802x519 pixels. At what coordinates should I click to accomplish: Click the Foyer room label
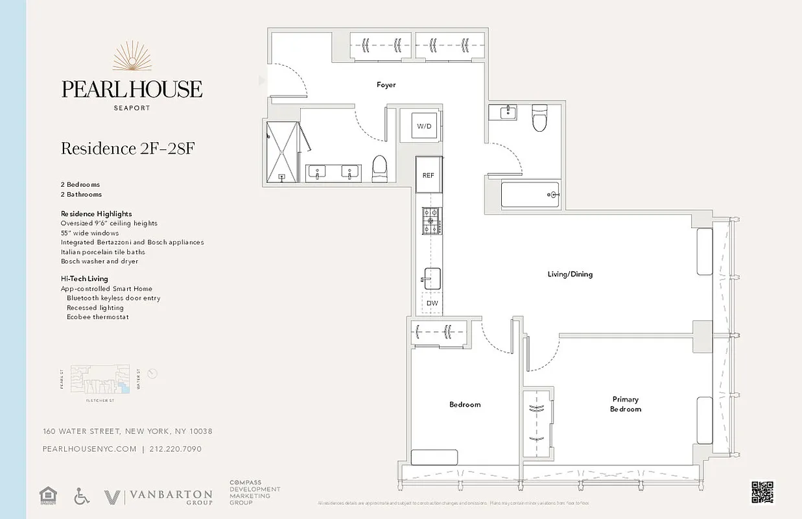tap(386, 85)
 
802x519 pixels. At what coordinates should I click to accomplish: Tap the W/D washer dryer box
tap(424, 126)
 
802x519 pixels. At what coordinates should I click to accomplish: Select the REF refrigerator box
tap(428, 175)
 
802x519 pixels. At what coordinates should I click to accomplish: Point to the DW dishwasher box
tap(432, 303)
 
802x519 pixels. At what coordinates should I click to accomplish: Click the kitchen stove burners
tap(432, 221)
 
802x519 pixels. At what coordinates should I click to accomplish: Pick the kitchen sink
tap(432, 278)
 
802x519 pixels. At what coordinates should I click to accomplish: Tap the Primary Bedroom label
tap(625, 404)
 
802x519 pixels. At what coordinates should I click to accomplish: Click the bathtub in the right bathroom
tap(530, 195)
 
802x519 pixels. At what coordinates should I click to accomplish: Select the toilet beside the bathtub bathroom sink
tap(539, 119)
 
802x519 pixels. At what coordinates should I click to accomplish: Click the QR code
tap(763, 492)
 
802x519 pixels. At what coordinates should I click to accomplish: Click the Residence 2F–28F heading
tap(128, 149)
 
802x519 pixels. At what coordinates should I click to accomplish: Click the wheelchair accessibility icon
tap(82, 497)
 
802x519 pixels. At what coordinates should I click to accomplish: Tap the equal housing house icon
tap(47, 496)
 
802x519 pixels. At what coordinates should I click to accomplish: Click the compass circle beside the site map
tap(152, 374)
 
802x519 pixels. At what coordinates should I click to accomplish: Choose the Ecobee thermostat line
tap(97, 317)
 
